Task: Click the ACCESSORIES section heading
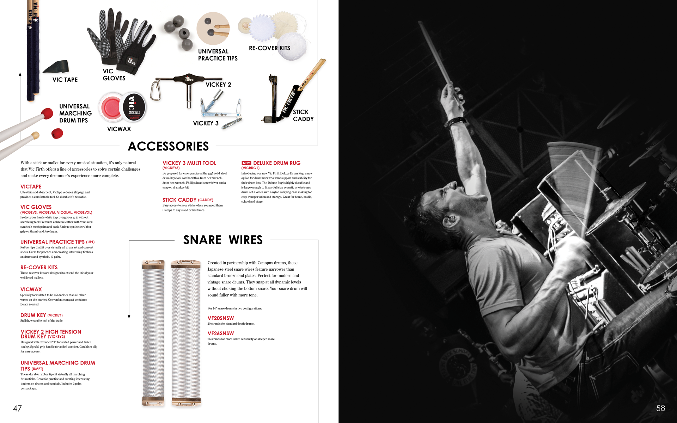click(x=168, y=146)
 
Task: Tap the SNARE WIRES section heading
click(x=223, y=240)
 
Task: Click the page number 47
click(x=17, y=409)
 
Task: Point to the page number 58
click(x=660, y=408)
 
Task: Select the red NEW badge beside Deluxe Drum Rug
click(x=246, y=163)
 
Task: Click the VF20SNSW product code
click(x=221, y=318)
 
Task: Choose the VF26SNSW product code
click(x=221, y=333)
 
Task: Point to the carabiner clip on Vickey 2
click(x=155, y=90)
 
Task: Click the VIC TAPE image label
click(x=65, y=80)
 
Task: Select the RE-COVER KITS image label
click(x=269, y=48)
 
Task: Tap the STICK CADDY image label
click(x=303, y=115)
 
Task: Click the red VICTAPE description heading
click(x=31, y=186)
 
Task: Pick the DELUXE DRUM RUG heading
click(x=277, y=163)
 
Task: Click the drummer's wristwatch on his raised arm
click(x=456, y=121)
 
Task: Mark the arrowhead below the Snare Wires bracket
click(x=129, y=317)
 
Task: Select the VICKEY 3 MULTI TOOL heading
click(x=189, y=163)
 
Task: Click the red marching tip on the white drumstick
click(x=47, y=114)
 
